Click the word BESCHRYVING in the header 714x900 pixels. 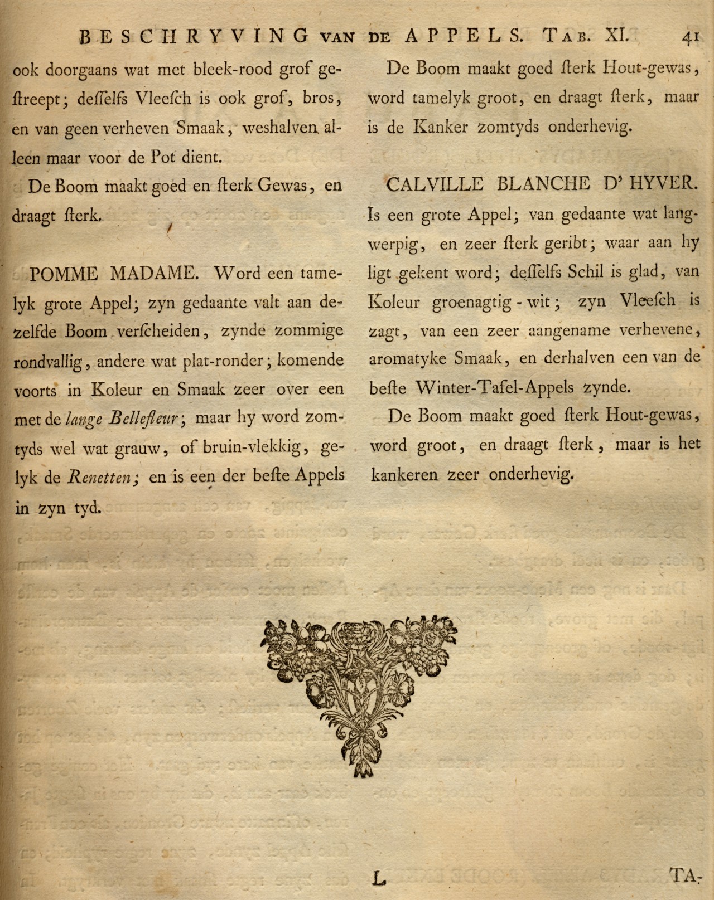coord(194,37)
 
